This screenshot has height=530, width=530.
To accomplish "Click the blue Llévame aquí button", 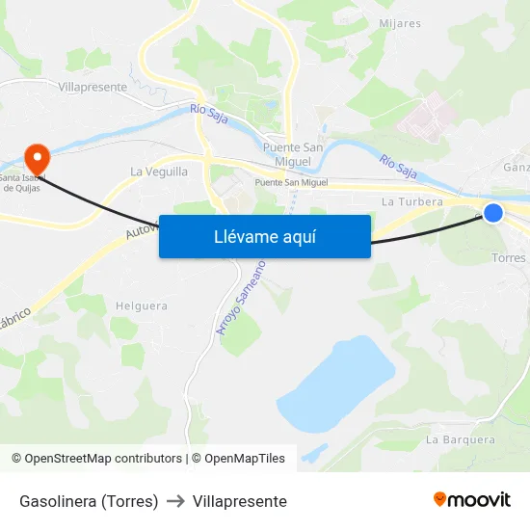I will (264, 236).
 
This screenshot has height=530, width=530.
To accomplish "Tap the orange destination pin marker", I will (37, 157).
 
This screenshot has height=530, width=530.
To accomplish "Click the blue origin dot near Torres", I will (492, 212).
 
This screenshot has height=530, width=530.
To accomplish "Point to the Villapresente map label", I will (93, 87).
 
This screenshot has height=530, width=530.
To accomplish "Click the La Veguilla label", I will (159, 172).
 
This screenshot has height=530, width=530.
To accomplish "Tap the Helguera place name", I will (141, 306).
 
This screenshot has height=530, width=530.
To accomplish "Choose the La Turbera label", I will (411, 202).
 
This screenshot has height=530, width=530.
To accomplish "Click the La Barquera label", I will (460, 439).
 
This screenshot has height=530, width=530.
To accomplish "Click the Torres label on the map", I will (509, 258).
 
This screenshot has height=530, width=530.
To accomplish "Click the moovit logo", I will (471, 500).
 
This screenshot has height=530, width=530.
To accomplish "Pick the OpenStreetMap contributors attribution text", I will (103, 459).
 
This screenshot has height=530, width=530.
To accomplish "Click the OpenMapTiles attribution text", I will (245, 459).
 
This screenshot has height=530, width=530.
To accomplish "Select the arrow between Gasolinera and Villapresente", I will (175, 501).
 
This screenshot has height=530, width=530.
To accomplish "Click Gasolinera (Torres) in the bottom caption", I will (89, 501).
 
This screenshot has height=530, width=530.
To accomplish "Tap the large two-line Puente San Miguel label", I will (293, 154).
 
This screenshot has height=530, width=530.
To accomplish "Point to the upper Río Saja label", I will (209, 115).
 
